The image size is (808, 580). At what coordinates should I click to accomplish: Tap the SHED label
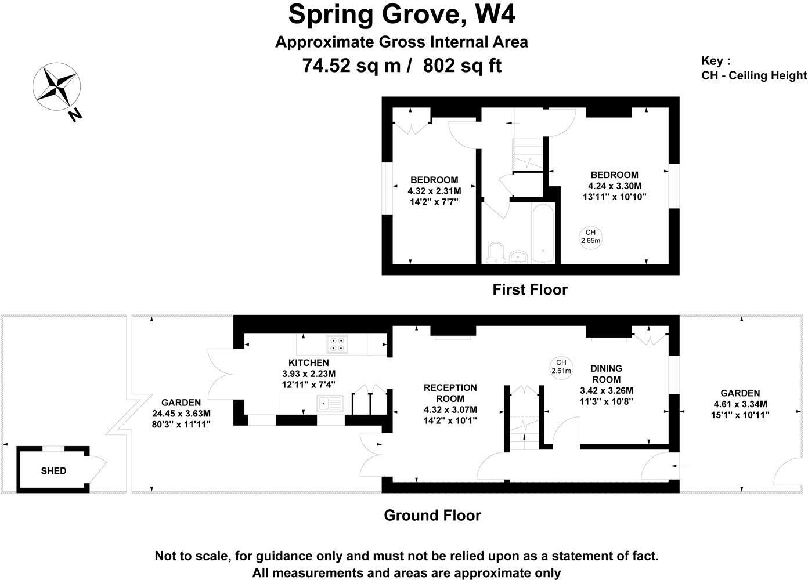click(53, 471)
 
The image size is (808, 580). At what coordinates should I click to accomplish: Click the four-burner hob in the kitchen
click(338, 345)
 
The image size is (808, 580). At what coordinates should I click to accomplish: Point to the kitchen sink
click(330, 403)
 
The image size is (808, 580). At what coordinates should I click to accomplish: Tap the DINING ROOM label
click(606, 374)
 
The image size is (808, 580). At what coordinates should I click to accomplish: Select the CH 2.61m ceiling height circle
click(561, 367)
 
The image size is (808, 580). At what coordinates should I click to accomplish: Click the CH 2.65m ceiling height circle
click(590, 236)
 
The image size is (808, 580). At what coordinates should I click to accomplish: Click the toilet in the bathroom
click(495, 252)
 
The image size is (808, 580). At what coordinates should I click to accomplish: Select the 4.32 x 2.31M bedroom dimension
click(434, 191)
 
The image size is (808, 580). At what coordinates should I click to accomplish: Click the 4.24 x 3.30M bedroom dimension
click(614, 186)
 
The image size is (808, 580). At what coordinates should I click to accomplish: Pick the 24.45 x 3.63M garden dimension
click(181, 414)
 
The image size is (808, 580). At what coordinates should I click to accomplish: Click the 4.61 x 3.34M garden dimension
click(740, 404)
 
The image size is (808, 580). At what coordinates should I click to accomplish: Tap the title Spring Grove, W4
click(402, 14)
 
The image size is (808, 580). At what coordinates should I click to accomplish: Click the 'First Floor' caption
click(529, 289)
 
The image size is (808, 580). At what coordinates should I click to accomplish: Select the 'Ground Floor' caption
click(432, 515)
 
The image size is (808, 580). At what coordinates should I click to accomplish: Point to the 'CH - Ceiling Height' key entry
click(754, 75)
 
